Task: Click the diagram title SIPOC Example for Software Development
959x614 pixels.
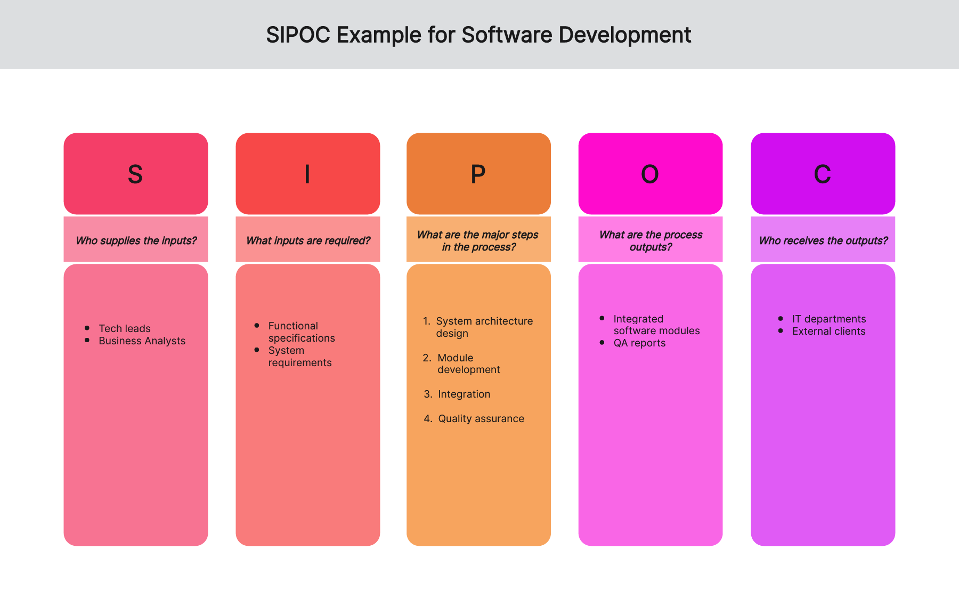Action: pos(478,35)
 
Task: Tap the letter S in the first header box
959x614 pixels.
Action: pos(135,174)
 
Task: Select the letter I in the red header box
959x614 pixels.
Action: pos(307,174)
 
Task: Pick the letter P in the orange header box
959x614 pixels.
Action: pos(478,174)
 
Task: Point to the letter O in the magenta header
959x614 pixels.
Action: pos(650,174)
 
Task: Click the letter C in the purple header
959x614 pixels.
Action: pos(823,174)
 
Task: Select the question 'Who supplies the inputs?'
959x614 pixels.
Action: pos(136,240)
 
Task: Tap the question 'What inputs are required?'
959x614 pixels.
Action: pos(308,240)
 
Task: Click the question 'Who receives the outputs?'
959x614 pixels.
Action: pos(823,240)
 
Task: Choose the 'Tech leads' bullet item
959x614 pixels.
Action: pos(125,328)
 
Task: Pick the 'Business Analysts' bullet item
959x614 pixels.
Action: pos(142,341)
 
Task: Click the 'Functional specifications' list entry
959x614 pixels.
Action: pos(302,332)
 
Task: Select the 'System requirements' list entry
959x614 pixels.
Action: pos(300,357)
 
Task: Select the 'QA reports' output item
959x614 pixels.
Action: pos(639,343)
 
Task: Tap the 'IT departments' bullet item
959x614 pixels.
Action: pos(829,319)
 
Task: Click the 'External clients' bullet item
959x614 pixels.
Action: pos(828,332)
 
